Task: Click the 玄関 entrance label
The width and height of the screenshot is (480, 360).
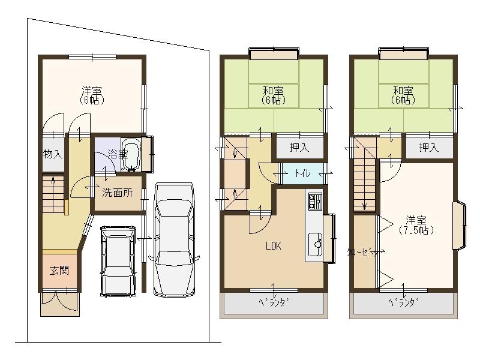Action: point(58,270)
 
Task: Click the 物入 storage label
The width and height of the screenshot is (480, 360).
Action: point(52,154)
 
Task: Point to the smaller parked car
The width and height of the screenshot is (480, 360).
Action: point(118,260)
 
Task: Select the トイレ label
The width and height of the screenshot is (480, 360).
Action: point(302,173)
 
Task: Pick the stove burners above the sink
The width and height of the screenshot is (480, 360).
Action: point(314,200)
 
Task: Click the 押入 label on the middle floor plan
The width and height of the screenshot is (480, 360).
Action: point(299,148)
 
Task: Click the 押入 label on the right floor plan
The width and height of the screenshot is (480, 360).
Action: point(428,148)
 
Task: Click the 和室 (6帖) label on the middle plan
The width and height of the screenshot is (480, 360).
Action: point(273,95)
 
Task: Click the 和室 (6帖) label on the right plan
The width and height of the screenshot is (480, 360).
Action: point(403,95)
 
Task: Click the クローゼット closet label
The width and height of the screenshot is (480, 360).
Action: point(364,253)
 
